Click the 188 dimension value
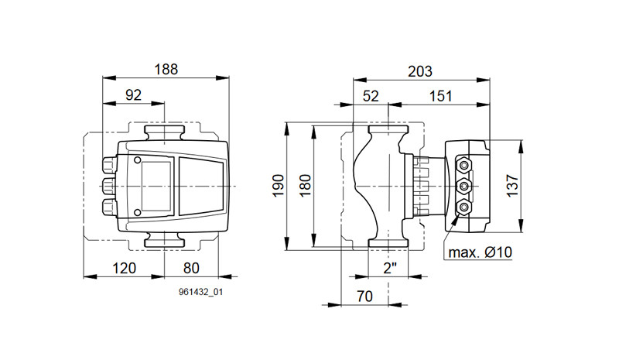pyautogui.click(x=166, y=70)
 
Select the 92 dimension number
pyautogui.click(x=133, y=95)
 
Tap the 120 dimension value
pyautogui.click(x=124, y=269)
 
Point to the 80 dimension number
pyautogui.click(x=191, y=269)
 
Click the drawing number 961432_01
pyautogui.click(x=200, y=292)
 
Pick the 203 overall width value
pyautogui.click(x=420, y=71)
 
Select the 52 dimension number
pyautogui.click(x=371, y=97)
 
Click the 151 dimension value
pyautogui.click(x=440, y=97)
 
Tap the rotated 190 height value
pyautogui.click(x=278, y=185)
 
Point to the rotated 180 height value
pyautogui.click(x=305, y=185)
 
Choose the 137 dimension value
pyautogui.click(x=512, y=186)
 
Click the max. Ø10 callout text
pyautogui.click(x=480, y=252)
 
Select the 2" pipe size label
pyautogui.click(x=390, y=269)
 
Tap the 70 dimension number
pyautogui.click(x=364, y=297)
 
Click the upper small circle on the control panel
pyautogui.click(x=138, y=160)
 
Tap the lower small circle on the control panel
pyautogui.click(x=138, y=213)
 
